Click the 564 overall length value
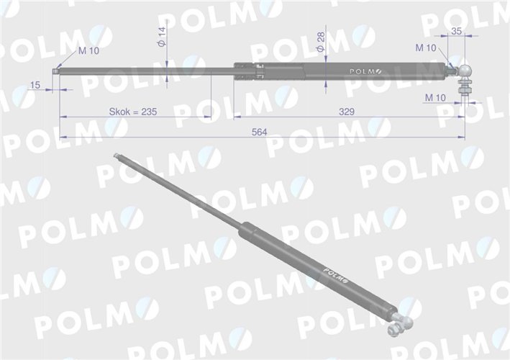[x=262, y=131]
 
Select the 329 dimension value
[x=347, y=112]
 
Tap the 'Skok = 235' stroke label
[x=133, y=112]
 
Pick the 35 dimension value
[x=455, y=30]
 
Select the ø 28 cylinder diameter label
[x=321, y=42]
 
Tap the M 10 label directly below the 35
[x=426, y=48]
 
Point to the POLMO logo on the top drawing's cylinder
[x=367, y=71]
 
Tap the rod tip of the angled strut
[x=117, y=156]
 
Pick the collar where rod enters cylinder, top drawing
[x=249, y=71]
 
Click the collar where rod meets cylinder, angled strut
[x=246, y=230]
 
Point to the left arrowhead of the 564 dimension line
[x=62, y=136]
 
